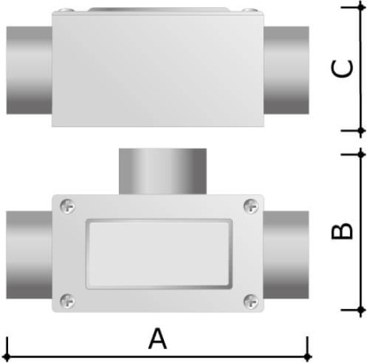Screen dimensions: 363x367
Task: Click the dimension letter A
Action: [x=157, y=338]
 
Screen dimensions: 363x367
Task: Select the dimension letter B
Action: [x=343, y=232]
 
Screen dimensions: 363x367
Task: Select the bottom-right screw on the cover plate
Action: [x=248, y=299]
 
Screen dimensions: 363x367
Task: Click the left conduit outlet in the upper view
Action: [x=28, y=69]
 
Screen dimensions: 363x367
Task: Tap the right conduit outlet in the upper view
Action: [x=285, y=69]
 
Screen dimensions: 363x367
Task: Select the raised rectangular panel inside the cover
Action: [x=157, y=253]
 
